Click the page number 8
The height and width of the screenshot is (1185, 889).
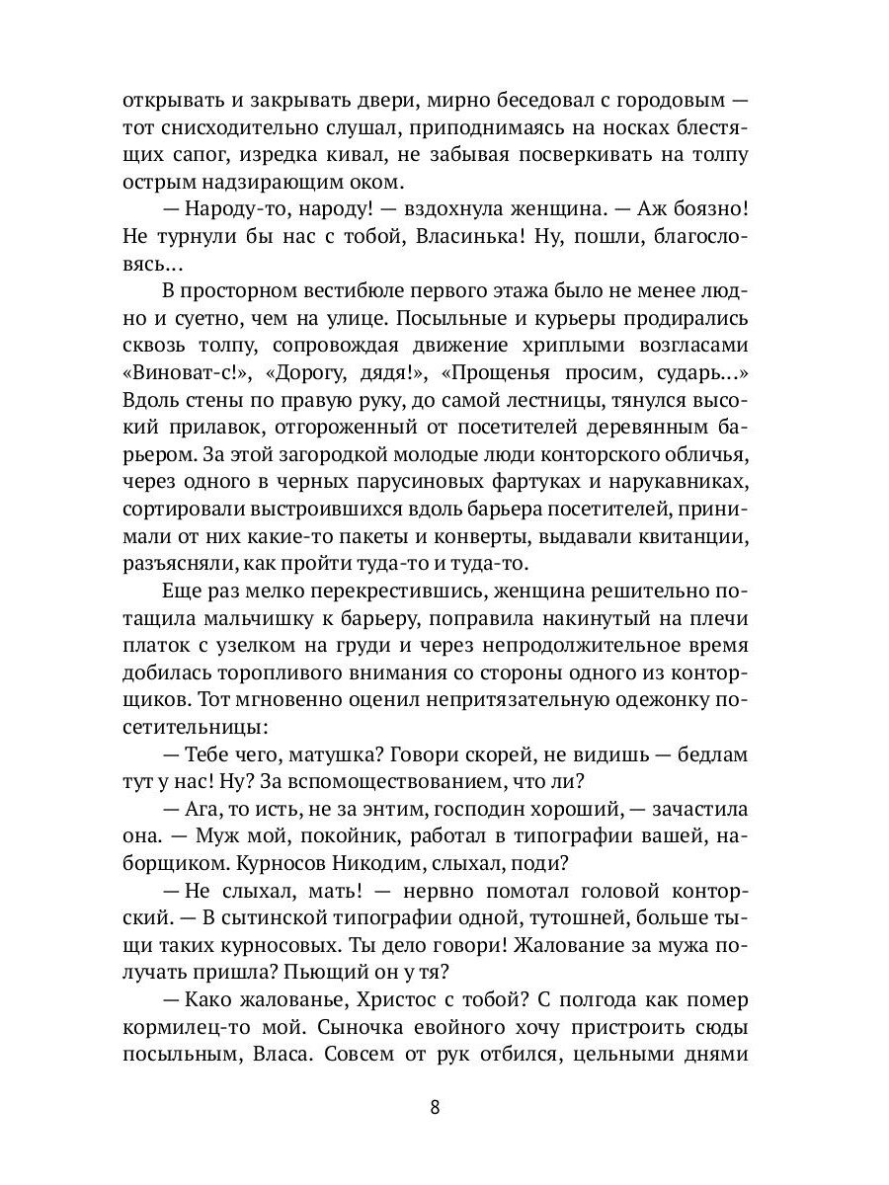coord(435,1106)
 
